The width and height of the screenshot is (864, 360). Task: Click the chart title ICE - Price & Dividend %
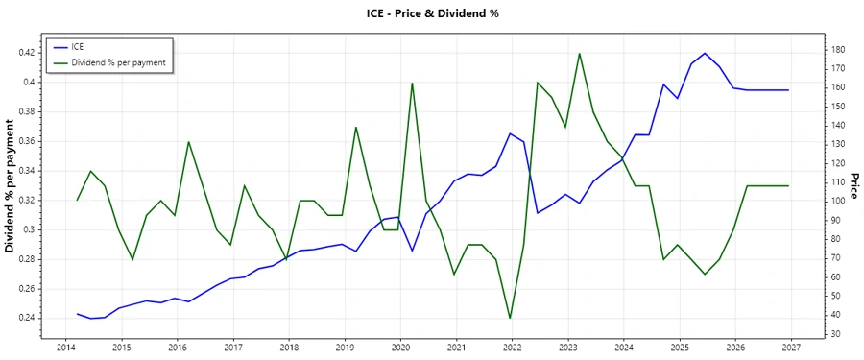point(431,12)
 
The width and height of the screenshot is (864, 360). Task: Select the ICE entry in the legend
point(78,46)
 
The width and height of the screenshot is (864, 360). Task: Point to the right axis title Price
point(852,186)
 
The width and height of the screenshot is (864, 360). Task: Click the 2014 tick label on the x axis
point(65,347)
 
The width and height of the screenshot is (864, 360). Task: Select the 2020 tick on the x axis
point(400,347)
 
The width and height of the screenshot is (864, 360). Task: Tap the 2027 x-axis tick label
point(791,347)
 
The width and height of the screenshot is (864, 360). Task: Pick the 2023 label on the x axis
point(568,347)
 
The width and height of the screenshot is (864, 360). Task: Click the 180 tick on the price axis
point(839,49)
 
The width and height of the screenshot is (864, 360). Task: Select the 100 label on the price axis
point(839,201)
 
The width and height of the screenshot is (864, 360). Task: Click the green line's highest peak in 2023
point(580,53)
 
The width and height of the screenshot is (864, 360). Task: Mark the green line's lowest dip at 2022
point(510,318)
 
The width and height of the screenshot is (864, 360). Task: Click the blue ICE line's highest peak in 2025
point(705,53)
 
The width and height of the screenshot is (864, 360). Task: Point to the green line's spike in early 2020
point(412,83)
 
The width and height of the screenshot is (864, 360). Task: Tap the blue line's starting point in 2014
point(78,314)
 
